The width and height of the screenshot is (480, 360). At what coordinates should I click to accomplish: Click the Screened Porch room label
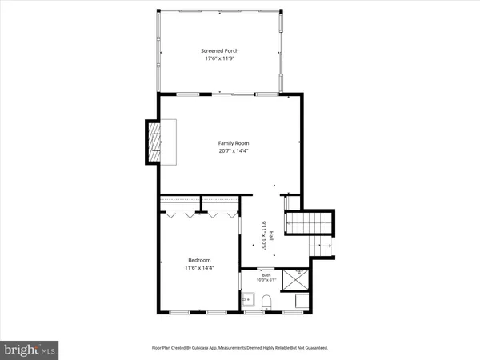click(219, 51)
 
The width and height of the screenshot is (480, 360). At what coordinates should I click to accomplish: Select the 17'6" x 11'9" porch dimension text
click(219, 58)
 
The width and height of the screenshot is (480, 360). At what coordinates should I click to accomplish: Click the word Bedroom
click(199, 260)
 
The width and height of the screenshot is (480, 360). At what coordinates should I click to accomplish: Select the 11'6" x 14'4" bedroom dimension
click(199, 267)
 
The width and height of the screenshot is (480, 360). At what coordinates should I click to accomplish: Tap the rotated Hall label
click(271, 236)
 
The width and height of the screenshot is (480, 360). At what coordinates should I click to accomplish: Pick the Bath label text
click(266, 274)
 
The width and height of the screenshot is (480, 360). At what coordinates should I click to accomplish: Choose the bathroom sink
click(248, 301)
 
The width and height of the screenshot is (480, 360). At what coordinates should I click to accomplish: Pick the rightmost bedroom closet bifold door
click(232, 214)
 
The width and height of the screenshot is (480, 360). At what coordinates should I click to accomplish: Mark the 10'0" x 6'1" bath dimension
click(266, 281)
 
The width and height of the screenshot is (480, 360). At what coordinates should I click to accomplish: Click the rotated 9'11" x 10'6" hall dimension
click(263, 236)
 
